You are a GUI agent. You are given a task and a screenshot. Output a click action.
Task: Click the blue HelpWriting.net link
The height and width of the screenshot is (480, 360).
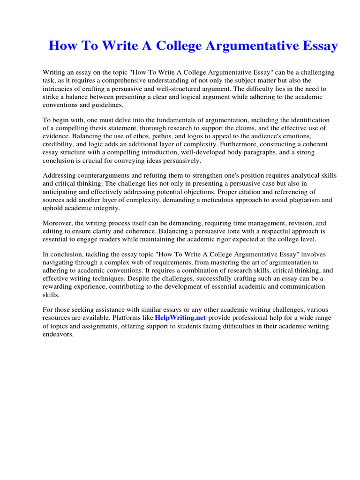click(x=180, y=318)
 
